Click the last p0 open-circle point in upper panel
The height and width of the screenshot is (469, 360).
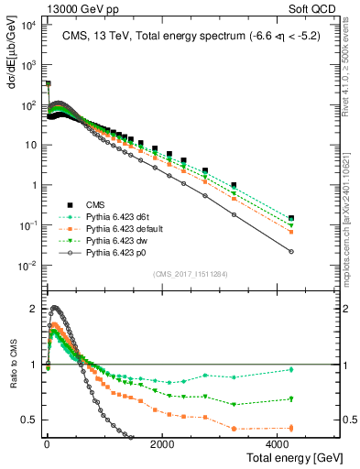coord(291,252)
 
